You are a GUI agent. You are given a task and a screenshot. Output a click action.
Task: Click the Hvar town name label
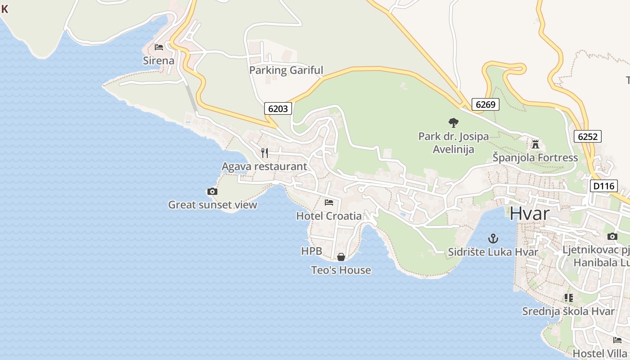point(529,213)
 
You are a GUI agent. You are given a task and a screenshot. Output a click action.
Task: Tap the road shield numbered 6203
point(278,108)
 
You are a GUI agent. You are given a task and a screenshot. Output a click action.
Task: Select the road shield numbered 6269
point(486,105)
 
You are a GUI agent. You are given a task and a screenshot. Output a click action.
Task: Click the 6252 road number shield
point(587,137)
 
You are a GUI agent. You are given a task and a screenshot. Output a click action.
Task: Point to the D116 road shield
point(603,186)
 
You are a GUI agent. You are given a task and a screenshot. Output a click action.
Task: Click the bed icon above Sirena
point(158,47)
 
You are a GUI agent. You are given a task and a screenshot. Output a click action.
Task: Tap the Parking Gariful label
point(286,70)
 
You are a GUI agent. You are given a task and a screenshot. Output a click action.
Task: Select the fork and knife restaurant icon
point(265,153)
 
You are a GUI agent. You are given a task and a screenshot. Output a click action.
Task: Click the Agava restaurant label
point(264,166)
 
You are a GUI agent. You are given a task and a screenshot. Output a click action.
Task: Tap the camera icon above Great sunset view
point(212,192)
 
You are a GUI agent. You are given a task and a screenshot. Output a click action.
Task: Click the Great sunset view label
point(212,205)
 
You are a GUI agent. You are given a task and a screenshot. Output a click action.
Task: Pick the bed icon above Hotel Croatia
point(329,202)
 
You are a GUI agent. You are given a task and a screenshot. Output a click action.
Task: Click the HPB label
point(311,251)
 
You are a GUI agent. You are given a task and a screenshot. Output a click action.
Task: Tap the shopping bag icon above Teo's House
point(341,257)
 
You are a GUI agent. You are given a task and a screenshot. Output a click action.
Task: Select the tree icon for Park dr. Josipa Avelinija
point(453,122)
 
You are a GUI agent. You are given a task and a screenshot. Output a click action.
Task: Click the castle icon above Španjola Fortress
point(535,144)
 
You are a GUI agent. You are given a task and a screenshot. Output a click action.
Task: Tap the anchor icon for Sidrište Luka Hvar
point(493,238)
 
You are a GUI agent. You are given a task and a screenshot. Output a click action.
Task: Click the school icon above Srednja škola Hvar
point(568,298)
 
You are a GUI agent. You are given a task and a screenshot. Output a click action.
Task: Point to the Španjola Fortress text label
point(535,157)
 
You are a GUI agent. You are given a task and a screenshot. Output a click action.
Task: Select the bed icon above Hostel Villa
point(617,340)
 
